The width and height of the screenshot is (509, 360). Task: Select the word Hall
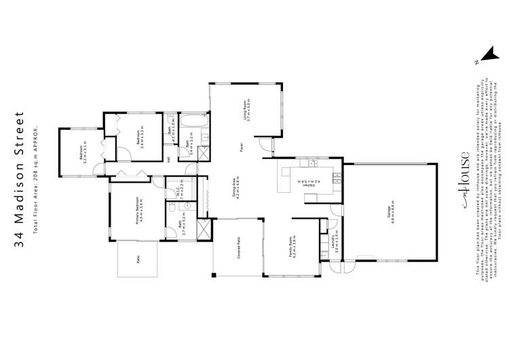tap(168, 160)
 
